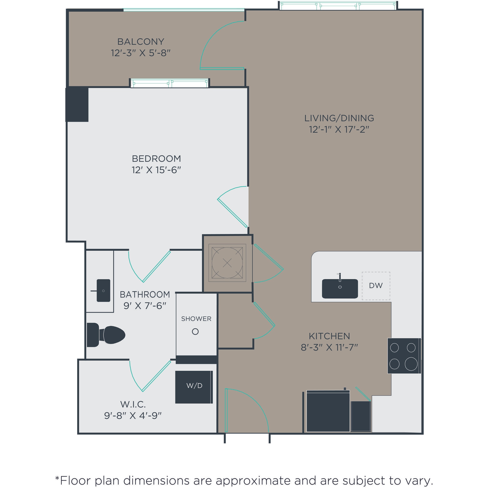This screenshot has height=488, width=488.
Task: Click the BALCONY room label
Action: coord(141,41)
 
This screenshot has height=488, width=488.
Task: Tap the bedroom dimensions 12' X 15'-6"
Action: coord(156,170)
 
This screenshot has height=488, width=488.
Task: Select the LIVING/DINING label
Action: coord(339,118)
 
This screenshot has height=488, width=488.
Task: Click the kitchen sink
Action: coord(340,289)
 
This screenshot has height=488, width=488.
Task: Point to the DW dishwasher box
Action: coord(376,286)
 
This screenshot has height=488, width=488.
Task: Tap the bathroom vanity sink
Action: coord(104,290)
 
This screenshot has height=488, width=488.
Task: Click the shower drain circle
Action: coord(195,332)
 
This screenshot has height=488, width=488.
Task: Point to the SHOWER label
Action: coord(196,319)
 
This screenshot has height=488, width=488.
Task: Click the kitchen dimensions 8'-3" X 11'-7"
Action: coord(329,348)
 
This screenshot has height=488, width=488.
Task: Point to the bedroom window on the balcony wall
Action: coord(170,83)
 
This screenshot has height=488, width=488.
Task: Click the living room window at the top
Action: coord(338,5)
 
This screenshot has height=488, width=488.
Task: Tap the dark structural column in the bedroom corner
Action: coord(77,104)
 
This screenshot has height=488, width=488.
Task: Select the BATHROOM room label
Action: coord(145,295)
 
